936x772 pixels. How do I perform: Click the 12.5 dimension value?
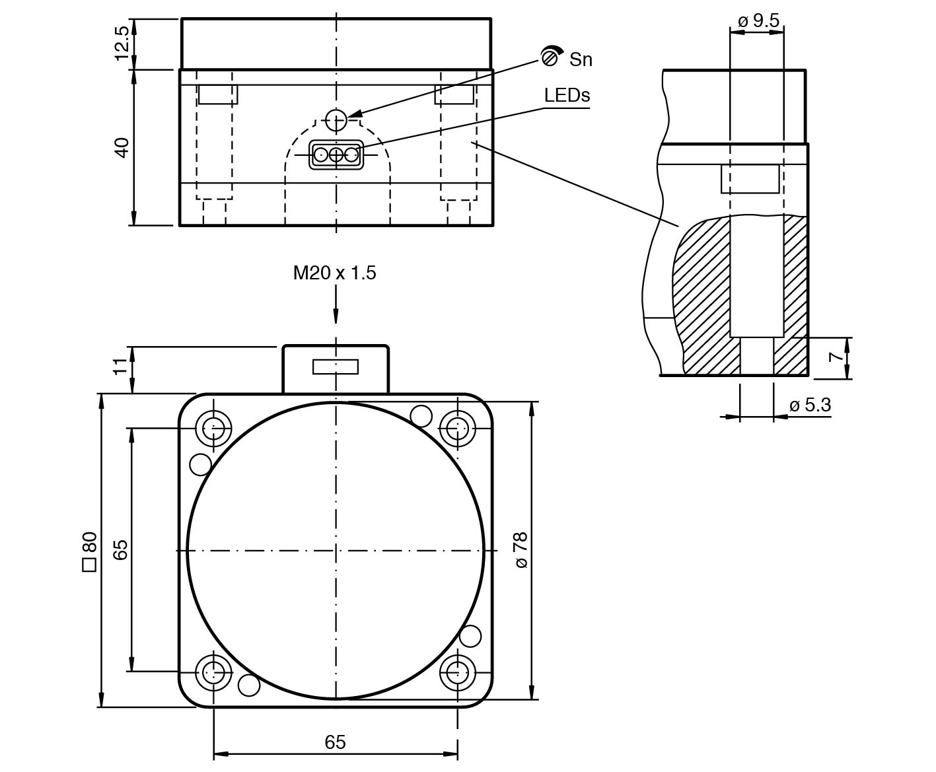(x=122, y=44)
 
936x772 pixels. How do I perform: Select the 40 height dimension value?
(x=122, y=147)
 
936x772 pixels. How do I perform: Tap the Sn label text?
(x=581, y=59)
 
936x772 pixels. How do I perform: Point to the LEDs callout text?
(x=567, y=95)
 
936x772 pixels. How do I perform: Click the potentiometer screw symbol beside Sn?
(x=550, y=56)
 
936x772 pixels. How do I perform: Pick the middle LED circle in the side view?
(x=336, y=155)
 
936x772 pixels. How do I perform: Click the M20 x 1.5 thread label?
(x=335, y=273)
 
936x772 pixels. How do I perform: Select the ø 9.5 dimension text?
(x=758, y=20)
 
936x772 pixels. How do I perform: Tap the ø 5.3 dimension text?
(x=810, y=405)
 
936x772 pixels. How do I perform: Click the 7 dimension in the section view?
(x=836, y=357)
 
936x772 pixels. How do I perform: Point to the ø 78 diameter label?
(x=521, y=550)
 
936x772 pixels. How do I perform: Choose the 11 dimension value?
(x=120, y=367)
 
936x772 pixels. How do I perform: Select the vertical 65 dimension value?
(x=120, y=550)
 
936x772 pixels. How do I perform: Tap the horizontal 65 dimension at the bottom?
(x=336, y=742)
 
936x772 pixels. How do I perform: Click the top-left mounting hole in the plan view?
(x=213, y=428)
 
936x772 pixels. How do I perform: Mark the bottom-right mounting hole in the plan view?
(x=457, y=673)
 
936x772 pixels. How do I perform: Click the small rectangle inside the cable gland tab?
(x=336, y=367)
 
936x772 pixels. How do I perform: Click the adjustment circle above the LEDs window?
(x=336, y=119)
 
